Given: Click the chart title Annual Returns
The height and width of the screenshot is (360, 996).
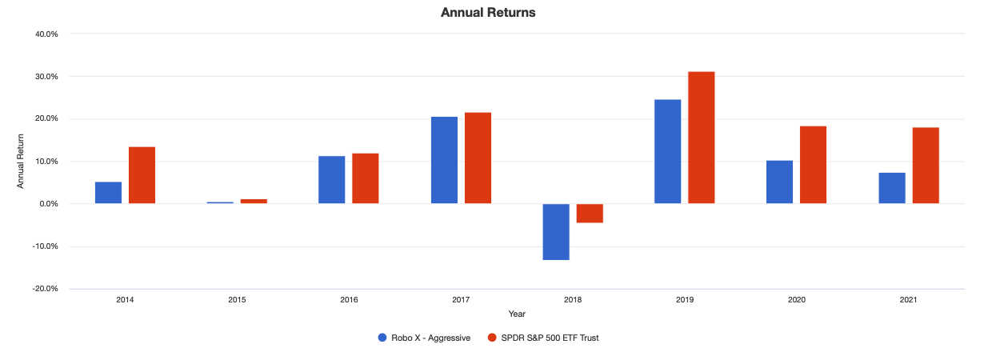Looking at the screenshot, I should coord(488,13).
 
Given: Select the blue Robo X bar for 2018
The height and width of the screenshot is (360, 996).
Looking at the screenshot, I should coord(556,231).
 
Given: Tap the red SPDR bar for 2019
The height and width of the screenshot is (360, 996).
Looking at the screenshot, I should coord(701,138).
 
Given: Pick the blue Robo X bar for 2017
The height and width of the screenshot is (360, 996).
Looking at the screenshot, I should coord(444,160).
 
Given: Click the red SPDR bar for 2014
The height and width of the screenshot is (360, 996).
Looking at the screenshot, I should coord(142,175).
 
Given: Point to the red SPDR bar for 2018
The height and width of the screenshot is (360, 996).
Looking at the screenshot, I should coord(590,213).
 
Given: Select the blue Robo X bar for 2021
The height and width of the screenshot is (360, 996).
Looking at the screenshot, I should coord(892,188).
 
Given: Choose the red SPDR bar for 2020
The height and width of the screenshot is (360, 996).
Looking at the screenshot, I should coord(813,165).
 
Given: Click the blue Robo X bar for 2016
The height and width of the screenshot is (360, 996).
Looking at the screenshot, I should coord(332,180).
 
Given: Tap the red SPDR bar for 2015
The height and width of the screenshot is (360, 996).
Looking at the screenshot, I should coord(254,201).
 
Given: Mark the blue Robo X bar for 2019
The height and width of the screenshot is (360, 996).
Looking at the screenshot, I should coord(668,151).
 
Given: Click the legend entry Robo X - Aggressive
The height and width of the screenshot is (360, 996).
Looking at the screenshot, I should coord(424,338).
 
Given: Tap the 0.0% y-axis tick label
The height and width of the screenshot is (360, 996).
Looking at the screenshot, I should coord(49,204).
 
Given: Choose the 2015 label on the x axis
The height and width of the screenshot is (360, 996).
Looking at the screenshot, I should coord(237,300).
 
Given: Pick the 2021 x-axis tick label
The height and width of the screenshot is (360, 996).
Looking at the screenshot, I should coord(909,300).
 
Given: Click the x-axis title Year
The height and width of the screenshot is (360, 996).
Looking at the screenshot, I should coord(517,314).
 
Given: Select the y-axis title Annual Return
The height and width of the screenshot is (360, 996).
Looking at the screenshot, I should coord(21,162).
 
